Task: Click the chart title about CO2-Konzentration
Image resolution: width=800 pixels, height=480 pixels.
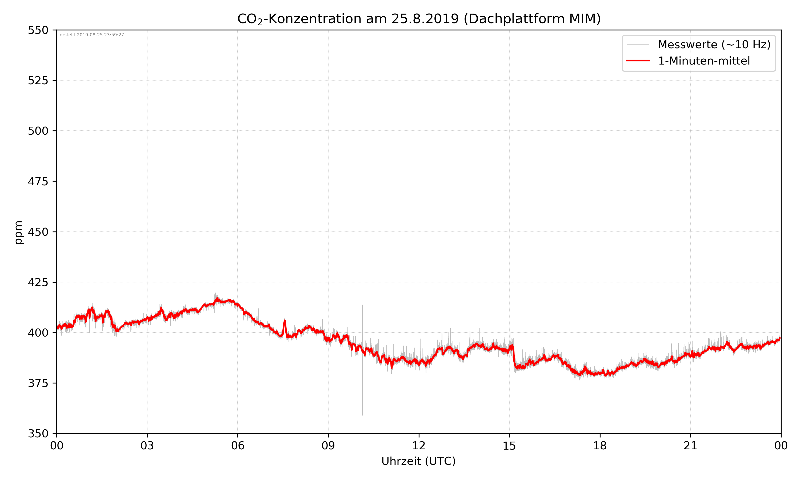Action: tap(419, 19)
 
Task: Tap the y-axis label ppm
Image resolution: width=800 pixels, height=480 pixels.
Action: tap(19, 232)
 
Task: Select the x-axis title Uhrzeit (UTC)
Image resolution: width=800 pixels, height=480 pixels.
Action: tap(418, 461)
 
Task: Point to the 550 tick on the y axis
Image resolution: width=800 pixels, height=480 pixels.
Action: tap(38, 30)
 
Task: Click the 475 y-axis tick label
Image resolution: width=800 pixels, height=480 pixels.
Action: tap(38, 181)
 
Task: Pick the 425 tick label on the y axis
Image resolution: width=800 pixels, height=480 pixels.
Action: tap(38, 282)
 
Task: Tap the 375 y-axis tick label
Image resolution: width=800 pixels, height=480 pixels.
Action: tap(38, 383)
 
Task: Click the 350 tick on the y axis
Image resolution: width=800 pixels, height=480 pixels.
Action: tap(38, 433)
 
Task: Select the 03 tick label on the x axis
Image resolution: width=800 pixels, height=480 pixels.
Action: tap(147, 446)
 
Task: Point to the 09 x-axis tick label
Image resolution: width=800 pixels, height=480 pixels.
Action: tap(328, 446)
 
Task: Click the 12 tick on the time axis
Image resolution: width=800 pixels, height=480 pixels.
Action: tap(419, 446)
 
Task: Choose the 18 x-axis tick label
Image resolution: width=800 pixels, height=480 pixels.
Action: tap(600, 446)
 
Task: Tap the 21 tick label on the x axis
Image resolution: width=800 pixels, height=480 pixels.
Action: tap(690, 446)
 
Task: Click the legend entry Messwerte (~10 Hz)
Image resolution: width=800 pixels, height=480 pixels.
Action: tap(714, 45)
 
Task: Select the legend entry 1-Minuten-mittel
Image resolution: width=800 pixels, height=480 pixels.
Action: tap(704, 61)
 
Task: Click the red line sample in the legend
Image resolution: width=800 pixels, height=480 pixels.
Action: tap(638, 61)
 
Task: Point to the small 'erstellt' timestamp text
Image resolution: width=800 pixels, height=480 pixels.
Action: tap(92, 35)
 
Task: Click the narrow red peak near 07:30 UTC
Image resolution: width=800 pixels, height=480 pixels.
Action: tap(285, 321)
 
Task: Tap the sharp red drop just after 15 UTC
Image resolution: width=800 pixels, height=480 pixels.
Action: tap(514, 357)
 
